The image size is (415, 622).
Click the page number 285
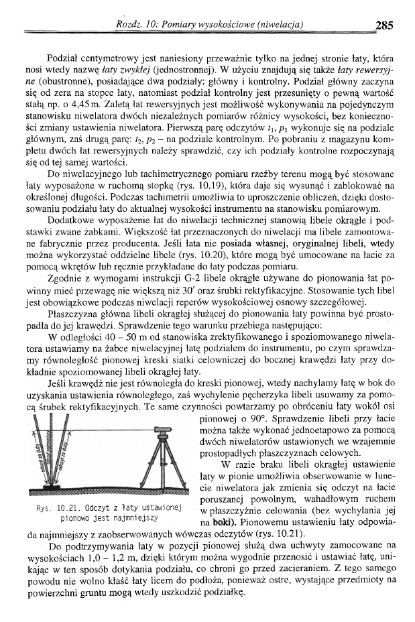click(x=385, y=26)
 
